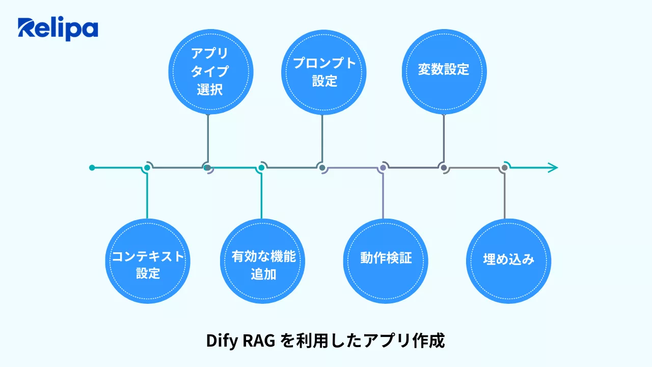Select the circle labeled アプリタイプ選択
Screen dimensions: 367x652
coord(209,71)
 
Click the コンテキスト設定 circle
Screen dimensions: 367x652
coord(148,261)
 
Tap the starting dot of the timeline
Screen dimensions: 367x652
coord(92,167)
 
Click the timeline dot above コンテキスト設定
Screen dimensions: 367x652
coord(147,167)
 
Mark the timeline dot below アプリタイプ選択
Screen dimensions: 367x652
coord(207,167)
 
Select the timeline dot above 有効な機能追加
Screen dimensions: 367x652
coord(261,167)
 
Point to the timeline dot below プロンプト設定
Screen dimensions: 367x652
coord(321,167)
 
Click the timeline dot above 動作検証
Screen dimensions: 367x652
coord(383,167)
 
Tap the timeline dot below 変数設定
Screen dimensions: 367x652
coord(444,167)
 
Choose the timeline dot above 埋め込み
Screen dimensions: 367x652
coord(504,167)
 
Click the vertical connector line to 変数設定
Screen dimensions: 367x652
coord(444,138)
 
